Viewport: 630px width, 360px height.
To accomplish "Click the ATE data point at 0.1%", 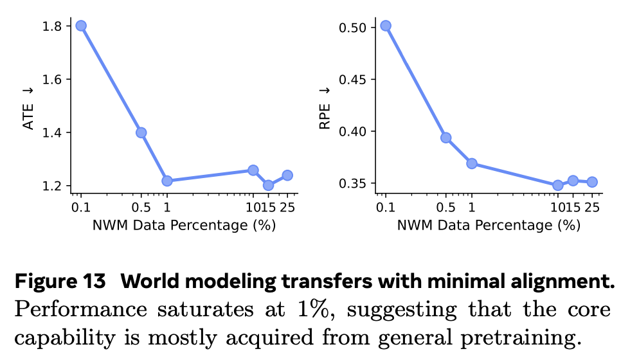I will (81, 26).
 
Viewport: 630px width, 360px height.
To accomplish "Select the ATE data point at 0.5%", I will (141, 133).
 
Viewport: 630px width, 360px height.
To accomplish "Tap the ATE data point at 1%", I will (167, 181).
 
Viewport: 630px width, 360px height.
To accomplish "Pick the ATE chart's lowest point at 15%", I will (268, 185).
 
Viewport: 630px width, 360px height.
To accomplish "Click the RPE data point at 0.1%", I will (386, 26).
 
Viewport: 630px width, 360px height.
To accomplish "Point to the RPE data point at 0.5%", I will (446, 138).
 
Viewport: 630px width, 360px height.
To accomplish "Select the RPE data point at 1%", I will (472, 163).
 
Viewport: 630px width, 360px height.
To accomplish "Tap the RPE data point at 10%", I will (558, 185).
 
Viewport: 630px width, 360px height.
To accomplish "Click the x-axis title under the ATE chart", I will (184, 225).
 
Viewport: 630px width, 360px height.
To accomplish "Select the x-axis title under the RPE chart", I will (489, 225).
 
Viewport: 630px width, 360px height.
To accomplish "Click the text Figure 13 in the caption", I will (60, 282).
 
